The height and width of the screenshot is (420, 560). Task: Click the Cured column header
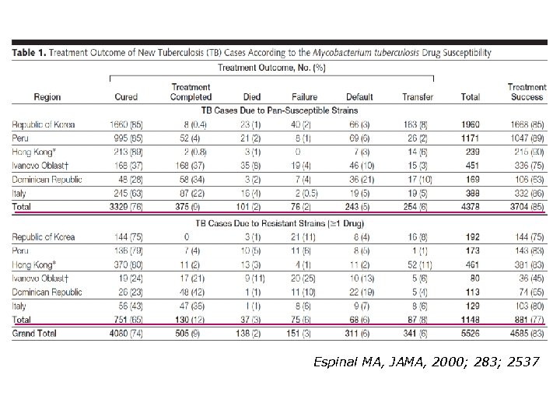(125, 97)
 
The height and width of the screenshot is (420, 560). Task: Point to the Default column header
(359, 97)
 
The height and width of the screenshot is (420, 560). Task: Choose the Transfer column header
(418, 97)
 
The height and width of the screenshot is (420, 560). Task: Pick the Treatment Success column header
(527, 92)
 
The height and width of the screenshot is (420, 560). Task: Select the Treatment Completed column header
(190, 92)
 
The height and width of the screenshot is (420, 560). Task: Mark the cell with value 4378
(471, 206)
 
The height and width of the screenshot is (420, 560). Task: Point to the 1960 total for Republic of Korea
(471, 124)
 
